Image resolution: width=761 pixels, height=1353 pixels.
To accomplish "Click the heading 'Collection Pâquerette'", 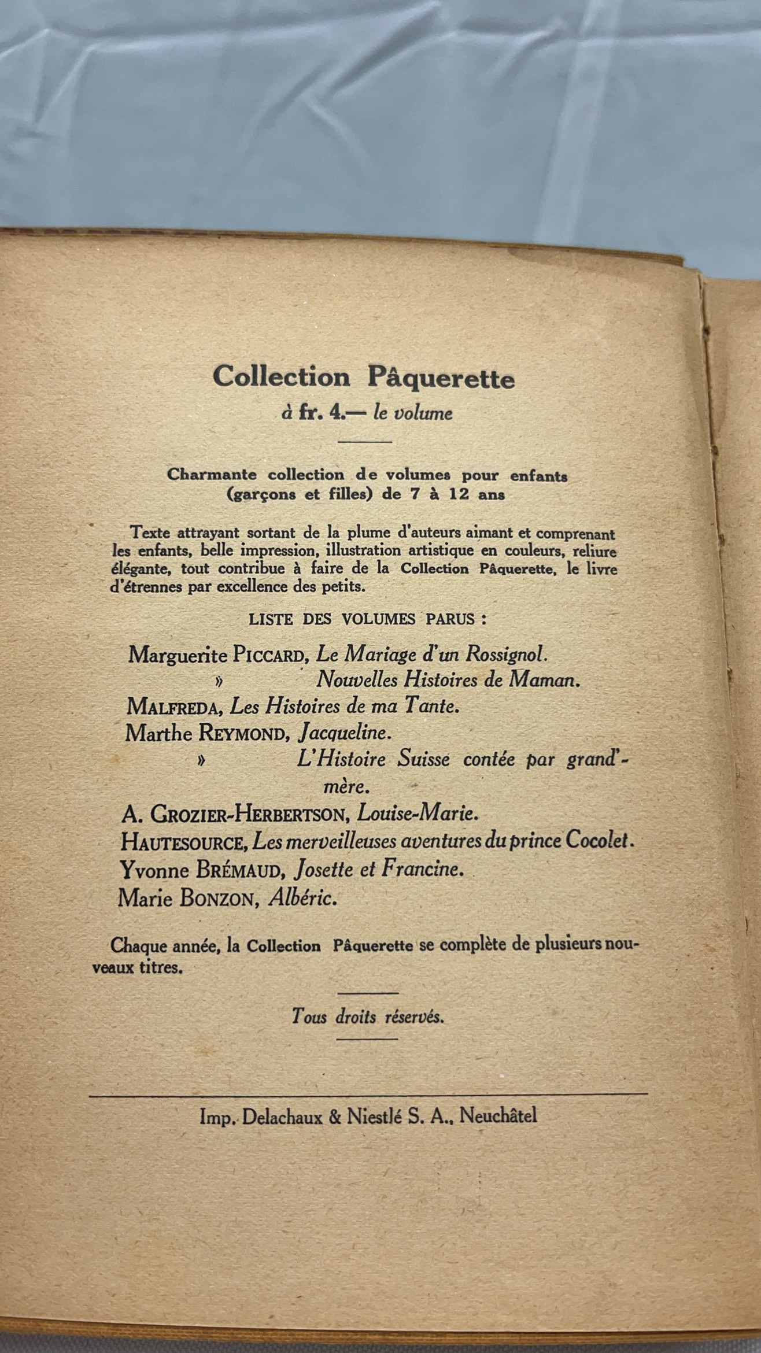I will tap(363, 378).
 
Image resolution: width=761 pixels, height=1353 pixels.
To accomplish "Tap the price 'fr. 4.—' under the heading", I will tap(322, 413).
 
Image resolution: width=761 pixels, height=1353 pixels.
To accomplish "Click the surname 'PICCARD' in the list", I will tap(268, 656).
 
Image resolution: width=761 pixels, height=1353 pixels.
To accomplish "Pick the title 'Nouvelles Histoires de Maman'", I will tap(448, 680).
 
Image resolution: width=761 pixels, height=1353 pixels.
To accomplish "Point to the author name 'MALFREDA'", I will tap(175, 707).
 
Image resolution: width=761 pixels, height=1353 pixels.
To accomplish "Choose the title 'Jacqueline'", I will tap(345, 733).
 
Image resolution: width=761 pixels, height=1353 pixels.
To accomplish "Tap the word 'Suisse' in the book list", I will tap(423, 759).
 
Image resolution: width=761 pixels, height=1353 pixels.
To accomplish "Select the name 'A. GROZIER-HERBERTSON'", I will tap(234, 814).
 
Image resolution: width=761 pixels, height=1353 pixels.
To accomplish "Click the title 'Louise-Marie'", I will tap(418, 814).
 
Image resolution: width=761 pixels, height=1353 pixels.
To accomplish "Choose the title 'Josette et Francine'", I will tap(379, 869).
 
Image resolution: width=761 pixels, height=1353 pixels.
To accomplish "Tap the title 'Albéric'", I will tap(302, 898).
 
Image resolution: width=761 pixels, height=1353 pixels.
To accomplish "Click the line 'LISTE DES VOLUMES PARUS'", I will tap(367, 619).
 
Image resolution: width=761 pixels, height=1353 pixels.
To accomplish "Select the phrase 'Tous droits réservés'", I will tap(368, 1016).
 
